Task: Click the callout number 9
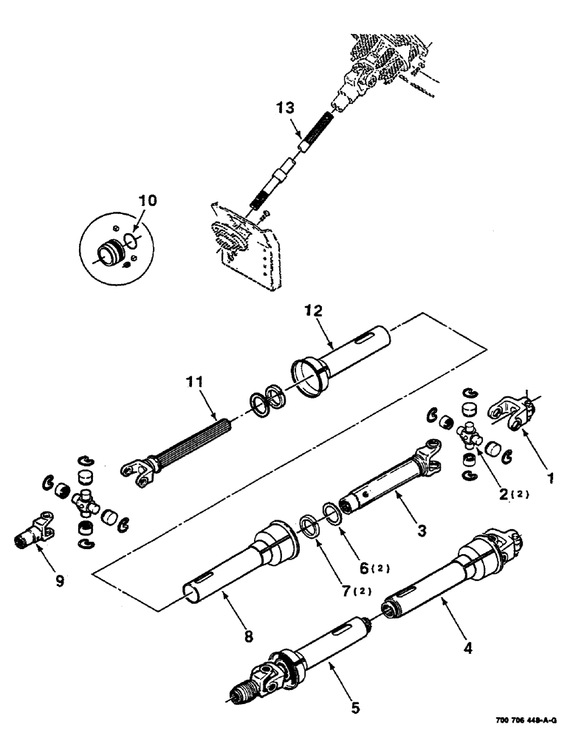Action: click(x=60, y=580)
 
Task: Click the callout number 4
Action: click(x=467, y=649)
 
